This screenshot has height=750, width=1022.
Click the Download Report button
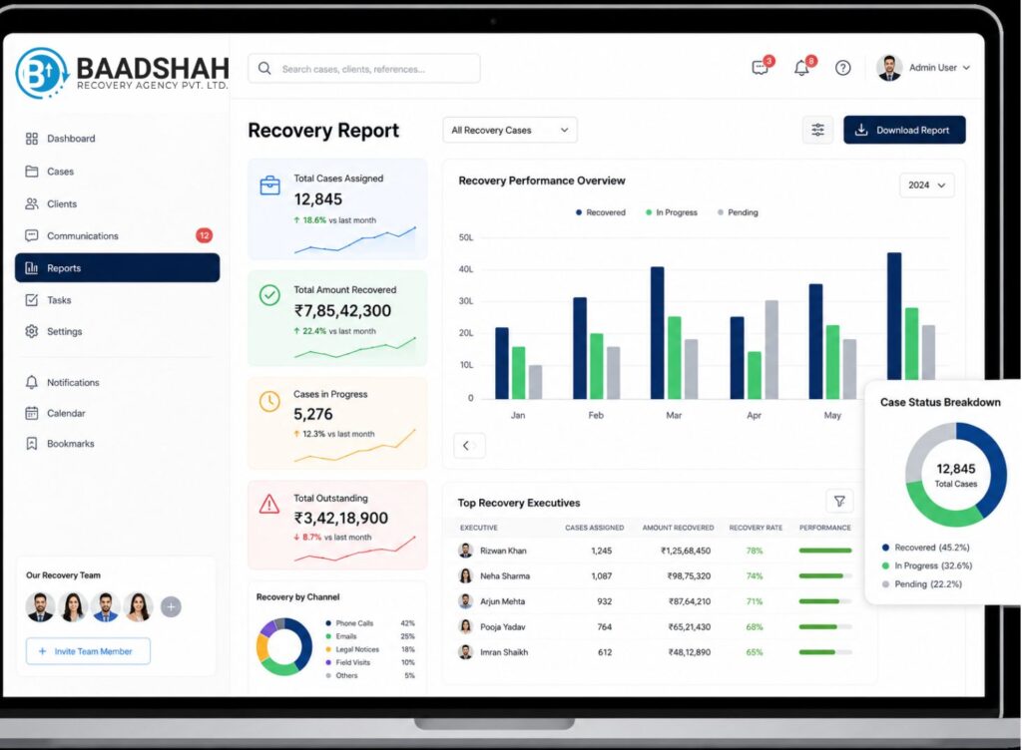(904, 131)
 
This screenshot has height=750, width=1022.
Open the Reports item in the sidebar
(118, 267)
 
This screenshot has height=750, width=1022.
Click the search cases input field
(363, 69)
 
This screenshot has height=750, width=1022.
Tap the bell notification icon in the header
(801, 68)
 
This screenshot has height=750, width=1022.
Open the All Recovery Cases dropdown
(510, 131)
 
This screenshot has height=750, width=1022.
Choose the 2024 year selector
(926, 186)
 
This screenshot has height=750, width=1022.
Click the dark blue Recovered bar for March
(657, 333)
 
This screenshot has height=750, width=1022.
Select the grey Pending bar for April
(771, 350)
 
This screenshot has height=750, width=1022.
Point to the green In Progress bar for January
(518, 372)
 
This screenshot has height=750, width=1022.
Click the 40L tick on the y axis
(466, 269)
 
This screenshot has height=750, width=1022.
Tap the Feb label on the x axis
(596, 415)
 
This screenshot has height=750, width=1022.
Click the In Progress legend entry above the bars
(672, 212)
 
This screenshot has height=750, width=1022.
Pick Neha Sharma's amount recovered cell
(689, 576)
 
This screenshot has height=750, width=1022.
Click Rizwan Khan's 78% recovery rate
(755, 551)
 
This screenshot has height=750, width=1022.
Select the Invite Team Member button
(88, 651)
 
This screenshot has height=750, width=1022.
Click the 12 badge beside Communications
(204, 235)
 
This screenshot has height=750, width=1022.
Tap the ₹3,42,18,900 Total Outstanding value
(341, 519)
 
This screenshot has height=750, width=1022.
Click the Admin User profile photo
(889, 68)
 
